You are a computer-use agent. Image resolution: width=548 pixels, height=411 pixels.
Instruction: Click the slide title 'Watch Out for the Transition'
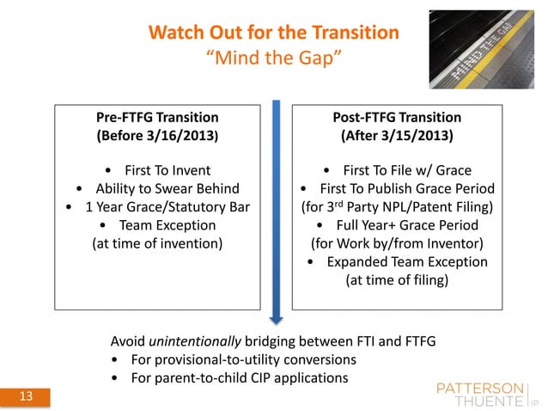coord(273,34)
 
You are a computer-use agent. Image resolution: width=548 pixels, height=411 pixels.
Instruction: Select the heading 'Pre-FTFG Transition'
coord(157,117)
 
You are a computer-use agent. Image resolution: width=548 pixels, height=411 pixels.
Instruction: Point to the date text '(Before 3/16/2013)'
coord(157,136)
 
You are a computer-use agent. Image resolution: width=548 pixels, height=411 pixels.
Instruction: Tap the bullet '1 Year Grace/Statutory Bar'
coord(157,206)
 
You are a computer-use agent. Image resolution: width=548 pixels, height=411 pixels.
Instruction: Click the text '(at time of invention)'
coord(157,243)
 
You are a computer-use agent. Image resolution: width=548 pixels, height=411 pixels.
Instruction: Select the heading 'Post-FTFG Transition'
coord(396,117)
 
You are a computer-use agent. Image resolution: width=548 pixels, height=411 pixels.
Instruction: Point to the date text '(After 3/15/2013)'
coord(396,136)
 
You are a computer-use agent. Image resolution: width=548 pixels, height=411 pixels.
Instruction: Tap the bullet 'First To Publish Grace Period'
coord(396,188)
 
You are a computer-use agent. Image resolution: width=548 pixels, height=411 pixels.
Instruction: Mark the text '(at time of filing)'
coord(396,280)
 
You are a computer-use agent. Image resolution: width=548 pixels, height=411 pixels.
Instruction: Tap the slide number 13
coord(26,397)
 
